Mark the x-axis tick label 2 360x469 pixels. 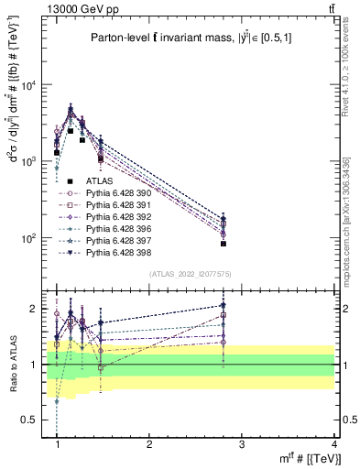[x=149, y=443]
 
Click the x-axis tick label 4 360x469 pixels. [x=334, y=443]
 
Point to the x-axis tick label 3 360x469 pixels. [x=242, y=443]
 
